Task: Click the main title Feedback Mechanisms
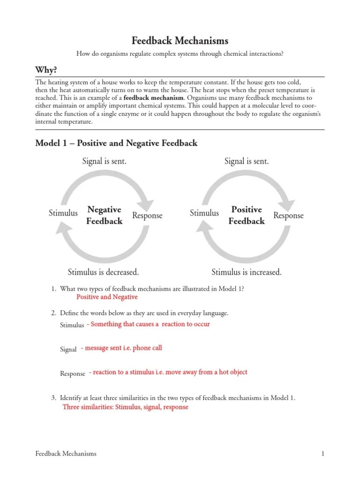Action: tap(180, 41)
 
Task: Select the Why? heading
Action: tap(46, 70)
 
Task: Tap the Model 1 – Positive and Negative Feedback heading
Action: tap(116, 143)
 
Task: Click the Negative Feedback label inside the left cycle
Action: tap(104, 215)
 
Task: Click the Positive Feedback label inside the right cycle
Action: tap(247, 215)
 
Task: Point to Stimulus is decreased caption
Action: tap(103, 272)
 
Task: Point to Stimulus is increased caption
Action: tap(247, 272)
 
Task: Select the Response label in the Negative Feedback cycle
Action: tap(147, 216)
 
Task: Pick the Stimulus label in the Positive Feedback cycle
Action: tap(204, 213)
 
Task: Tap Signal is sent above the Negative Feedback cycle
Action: tap(104, 162)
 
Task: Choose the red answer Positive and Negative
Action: tap(107, 297)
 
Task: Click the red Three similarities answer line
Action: tap(125, 407)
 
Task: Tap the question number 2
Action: tap(53, 313)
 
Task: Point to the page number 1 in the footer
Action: tap(323, 453)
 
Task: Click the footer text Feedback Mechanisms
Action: tap(66, 453)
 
